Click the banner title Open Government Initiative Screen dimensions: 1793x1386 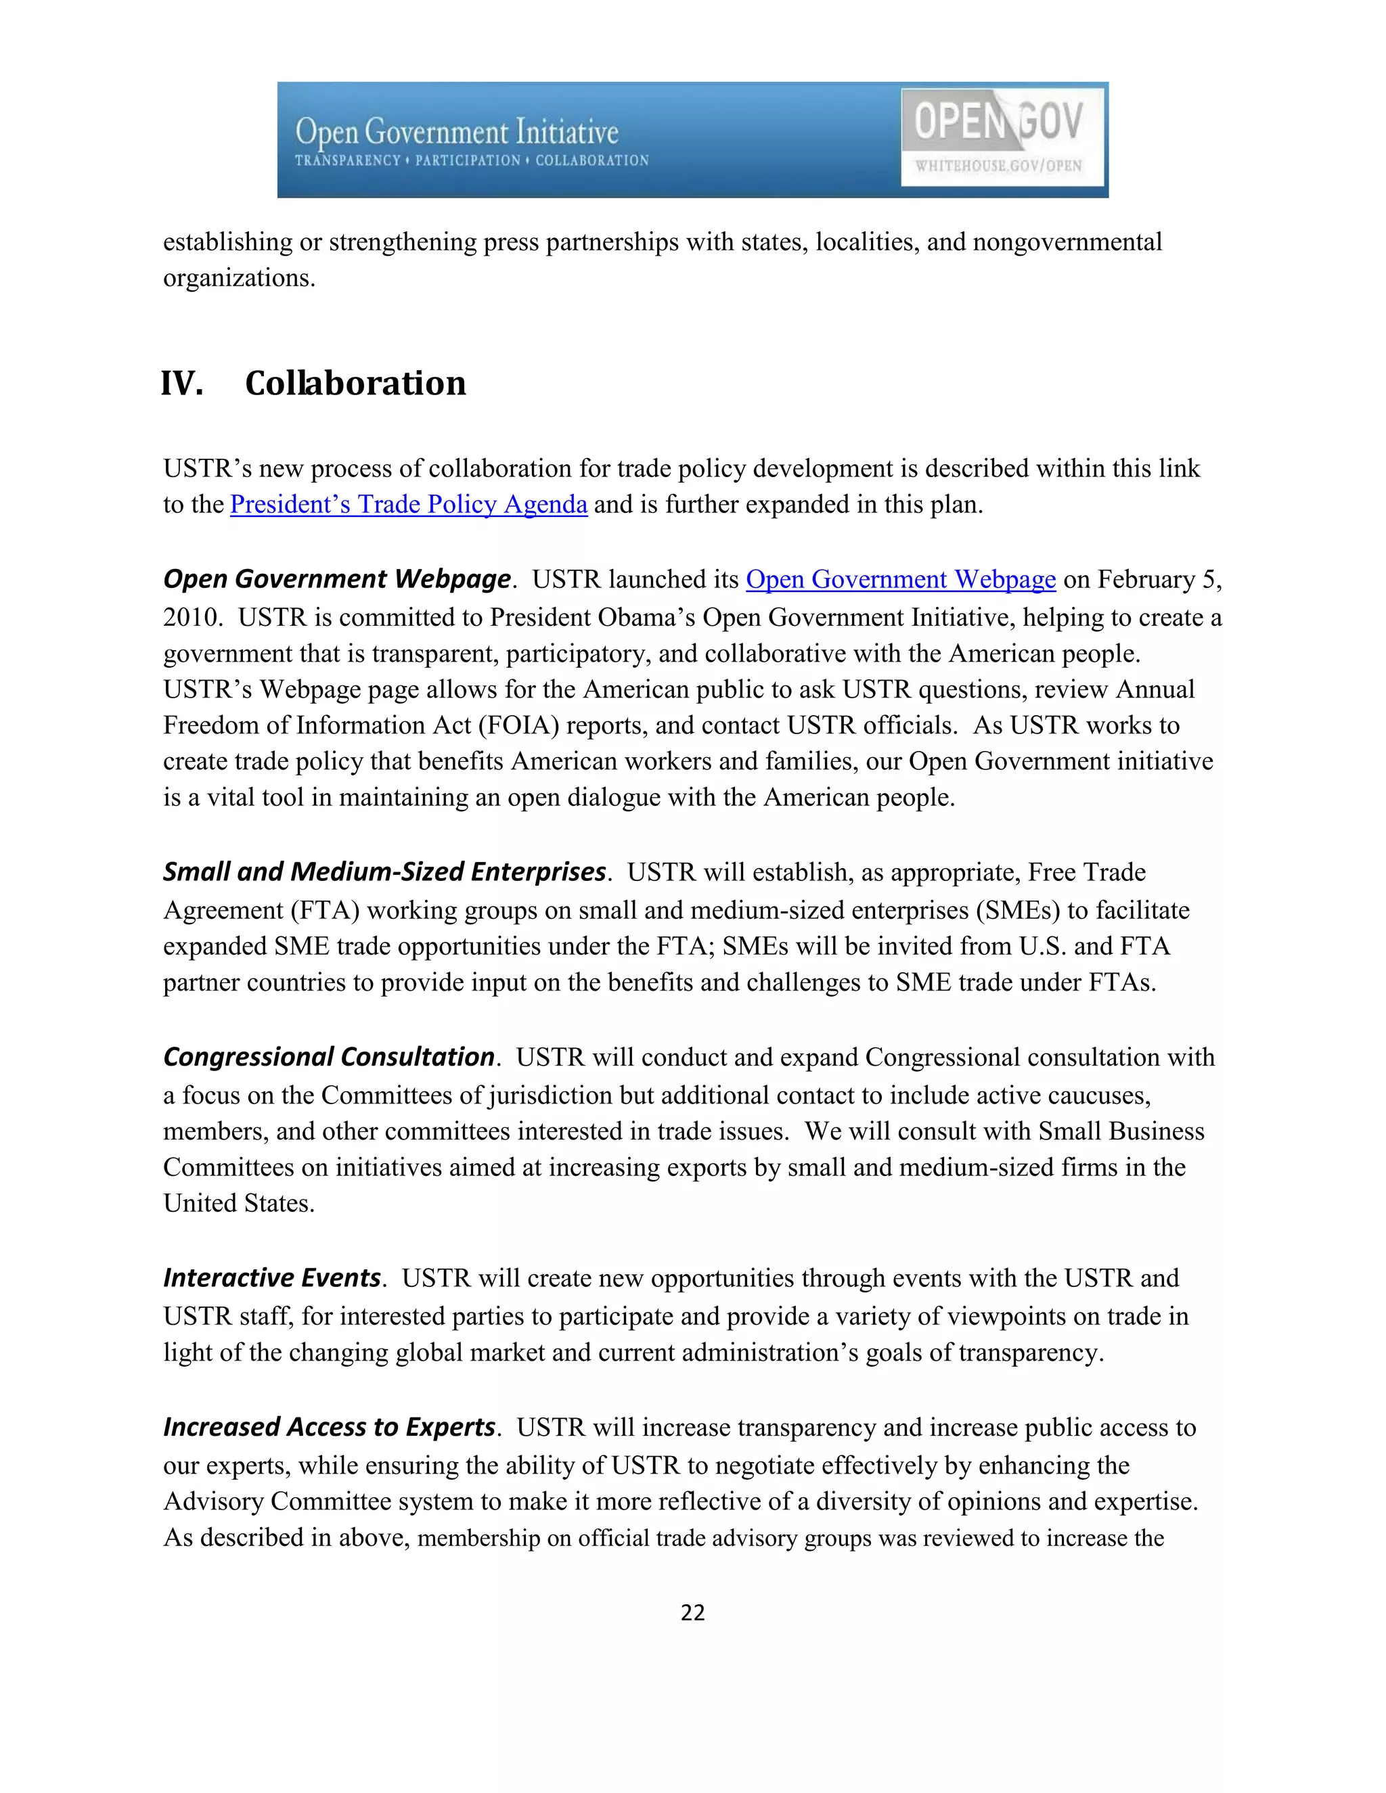point(457,131)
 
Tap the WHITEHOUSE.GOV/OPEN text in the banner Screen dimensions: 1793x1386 point(998,166)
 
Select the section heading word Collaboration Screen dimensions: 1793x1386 point(355,384)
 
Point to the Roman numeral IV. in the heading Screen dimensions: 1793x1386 point(181,384)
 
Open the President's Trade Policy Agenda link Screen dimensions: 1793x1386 point(408,504)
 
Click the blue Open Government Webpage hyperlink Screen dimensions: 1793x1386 point(900,580)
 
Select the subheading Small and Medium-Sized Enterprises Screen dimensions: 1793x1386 point(384,872)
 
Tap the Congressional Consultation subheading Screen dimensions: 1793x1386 point(328,1058)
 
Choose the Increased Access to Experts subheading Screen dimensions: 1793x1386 point(328,1428)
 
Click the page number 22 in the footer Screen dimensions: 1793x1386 point(692,1613)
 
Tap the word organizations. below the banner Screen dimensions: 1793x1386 point(239,278)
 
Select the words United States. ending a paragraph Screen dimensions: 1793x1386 point(239,1204)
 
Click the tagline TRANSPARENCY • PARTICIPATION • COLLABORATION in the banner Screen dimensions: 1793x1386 point(471,161)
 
